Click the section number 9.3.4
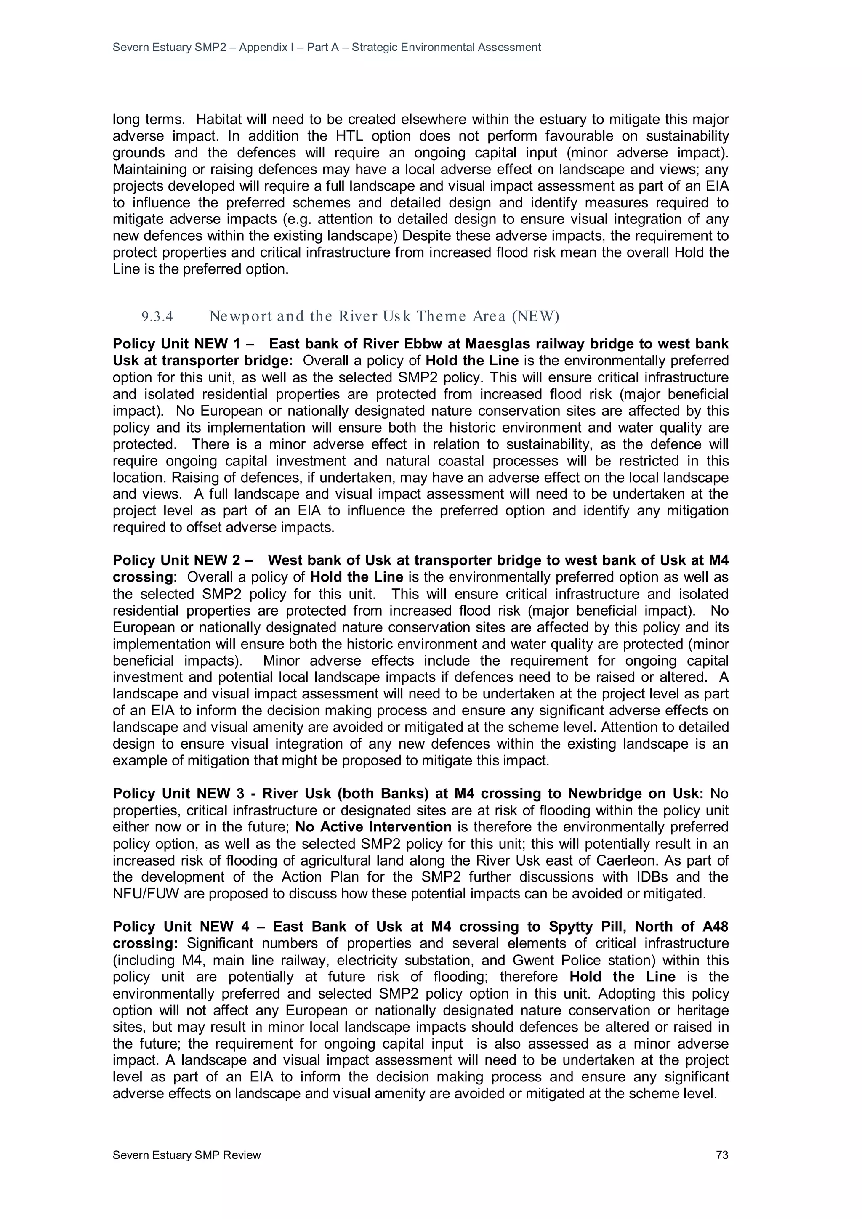(157, 317)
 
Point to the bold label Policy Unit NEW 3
(178, 794)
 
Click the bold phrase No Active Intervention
(373, 827)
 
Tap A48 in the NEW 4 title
(715, 927)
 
